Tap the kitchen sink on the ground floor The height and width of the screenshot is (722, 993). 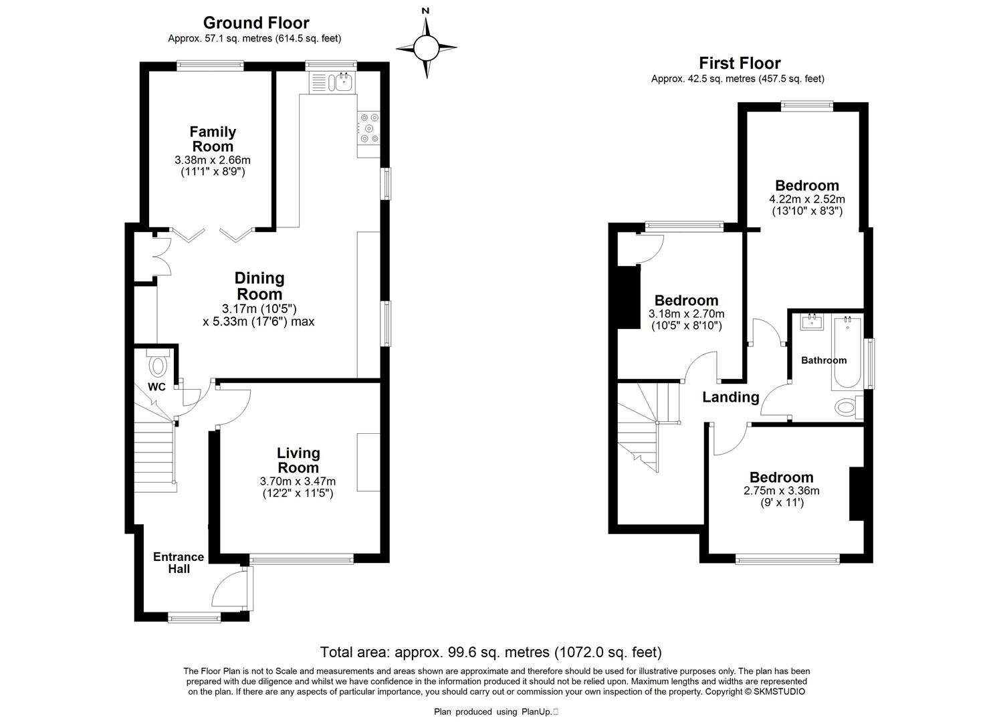click(x=344, y=82)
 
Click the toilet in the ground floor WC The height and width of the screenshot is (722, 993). click(x=158, y=364)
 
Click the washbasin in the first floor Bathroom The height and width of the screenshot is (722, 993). click(x=812, y=321)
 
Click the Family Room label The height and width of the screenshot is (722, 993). click(x=213, y=139)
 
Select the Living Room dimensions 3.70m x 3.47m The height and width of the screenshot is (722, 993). click(x=298, y=481)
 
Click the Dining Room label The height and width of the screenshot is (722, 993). click(x=259, y=285)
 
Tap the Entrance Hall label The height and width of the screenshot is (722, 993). click(x=179, y=563)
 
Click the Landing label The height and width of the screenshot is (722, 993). click(x=730, y=397)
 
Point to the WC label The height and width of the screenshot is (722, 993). click(x=156, y=387)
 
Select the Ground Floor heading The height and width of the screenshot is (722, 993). click(x=256, y=23)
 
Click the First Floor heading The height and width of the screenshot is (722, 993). click(x=740, y=64)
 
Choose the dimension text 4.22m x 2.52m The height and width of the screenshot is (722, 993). click(x=806, y=199)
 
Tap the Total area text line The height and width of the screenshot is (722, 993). click(x=491, y=652)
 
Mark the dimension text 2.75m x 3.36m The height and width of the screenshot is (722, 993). click(x=781, y=491)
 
